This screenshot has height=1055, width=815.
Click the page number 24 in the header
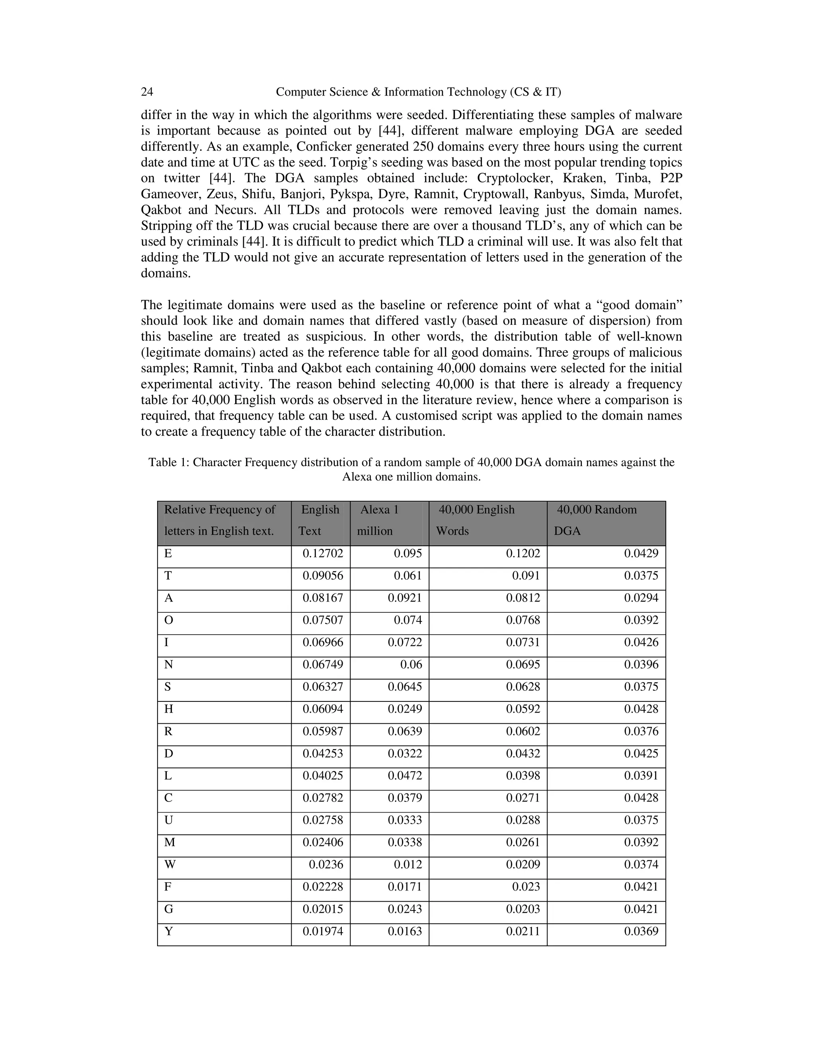(x=147, y=92)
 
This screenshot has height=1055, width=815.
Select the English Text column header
(x=320, y=521)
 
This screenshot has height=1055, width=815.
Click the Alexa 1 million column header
(x=389, y=521)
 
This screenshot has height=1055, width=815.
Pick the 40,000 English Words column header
(x=487, y=521)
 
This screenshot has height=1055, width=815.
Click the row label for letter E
(x=168, y=554)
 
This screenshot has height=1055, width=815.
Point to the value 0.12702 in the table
(x=322, y=554)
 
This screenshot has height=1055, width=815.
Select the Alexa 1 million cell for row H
(x=405, y=709)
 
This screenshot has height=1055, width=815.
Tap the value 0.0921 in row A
(x=405, y=598)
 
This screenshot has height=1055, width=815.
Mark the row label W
(x=170, y=865)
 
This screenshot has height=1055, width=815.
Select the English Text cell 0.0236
(x=326, y=865)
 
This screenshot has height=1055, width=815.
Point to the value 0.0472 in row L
(x=405, y=776)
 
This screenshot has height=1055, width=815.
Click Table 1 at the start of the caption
(x=169, y=462)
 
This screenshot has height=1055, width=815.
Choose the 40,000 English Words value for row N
(x=523, y=665)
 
